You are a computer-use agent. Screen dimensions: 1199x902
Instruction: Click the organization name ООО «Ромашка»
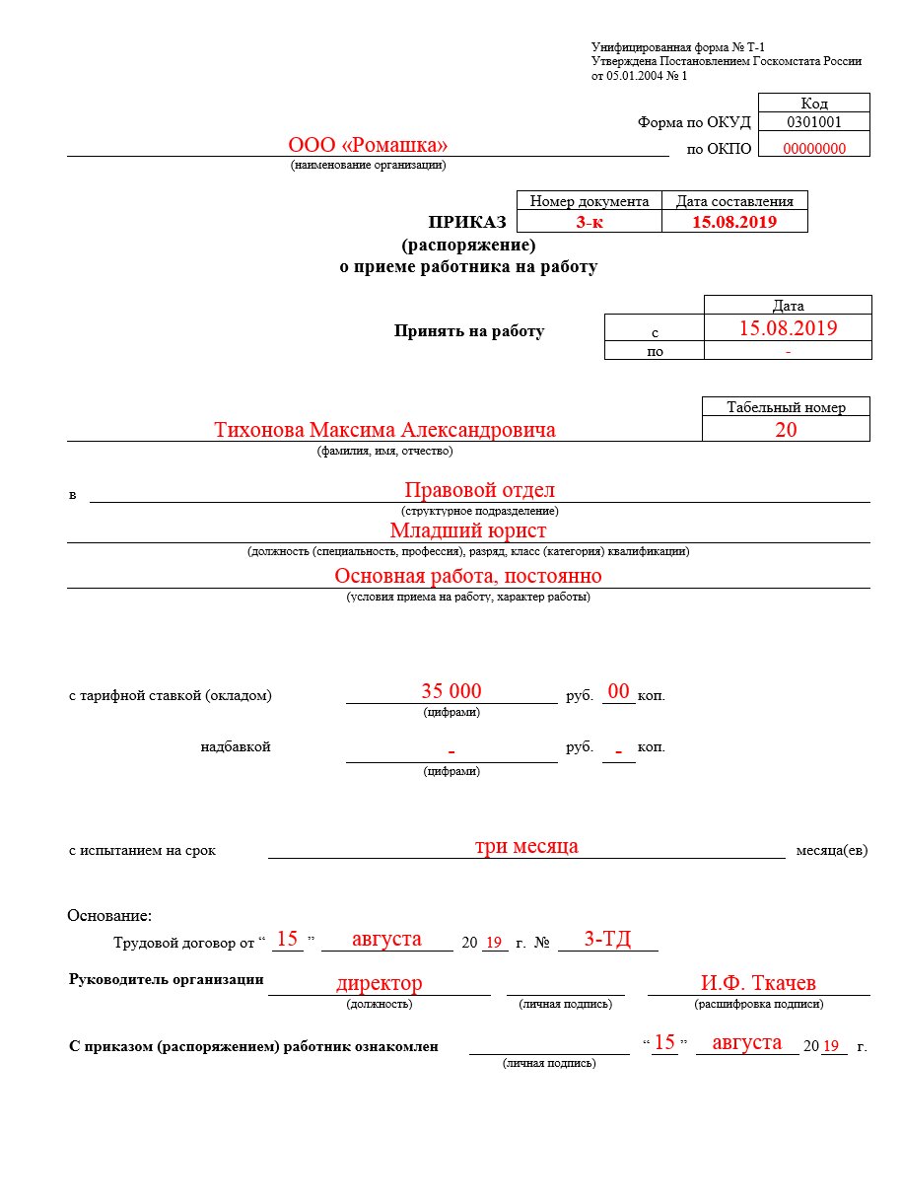[x=368, y=145]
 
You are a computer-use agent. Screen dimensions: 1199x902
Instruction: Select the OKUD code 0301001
[x=813, y=122]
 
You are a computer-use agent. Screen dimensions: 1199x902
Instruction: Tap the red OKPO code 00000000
[x=813, y=149]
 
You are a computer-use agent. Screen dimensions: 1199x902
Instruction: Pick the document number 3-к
[x=590, y=222]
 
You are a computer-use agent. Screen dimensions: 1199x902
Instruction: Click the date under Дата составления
[x=734, y=222]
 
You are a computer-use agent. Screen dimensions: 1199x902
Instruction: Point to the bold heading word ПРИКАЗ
[x=466, y=222]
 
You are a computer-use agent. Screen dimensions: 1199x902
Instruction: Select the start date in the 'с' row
[x=788, y=328]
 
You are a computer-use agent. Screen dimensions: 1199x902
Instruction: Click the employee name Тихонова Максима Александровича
[x=384, y=430]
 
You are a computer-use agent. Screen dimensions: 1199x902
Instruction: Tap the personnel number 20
[x=786, y=429]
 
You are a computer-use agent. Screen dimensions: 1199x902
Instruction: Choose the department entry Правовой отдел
[x=479, y=490]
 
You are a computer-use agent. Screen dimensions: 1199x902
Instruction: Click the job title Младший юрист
[x=467, y=530]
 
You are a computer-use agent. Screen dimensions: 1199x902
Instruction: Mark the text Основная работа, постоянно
[x=467, y=576]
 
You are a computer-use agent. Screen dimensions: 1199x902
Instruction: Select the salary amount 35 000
[x=451, y=691]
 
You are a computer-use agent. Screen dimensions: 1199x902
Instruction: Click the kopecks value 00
[x=619, y=692]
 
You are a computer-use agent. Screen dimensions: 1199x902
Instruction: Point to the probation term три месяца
[x=526, y=846]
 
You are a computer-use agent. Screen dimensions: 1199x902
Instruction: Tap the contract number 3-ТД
[x=607, y=939]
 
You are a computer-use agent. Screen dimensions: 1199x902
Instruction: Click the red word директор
[x=379, y=983]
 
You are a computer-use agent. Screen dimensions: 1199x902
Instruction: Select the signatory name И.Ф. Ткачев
[x=758, y=983]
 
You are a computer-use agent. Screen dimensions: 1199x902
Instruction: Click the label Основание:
[x=109, y=916]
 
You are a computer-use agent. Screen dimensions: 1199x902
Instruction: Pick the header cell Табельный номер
[x=786, y=407]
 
